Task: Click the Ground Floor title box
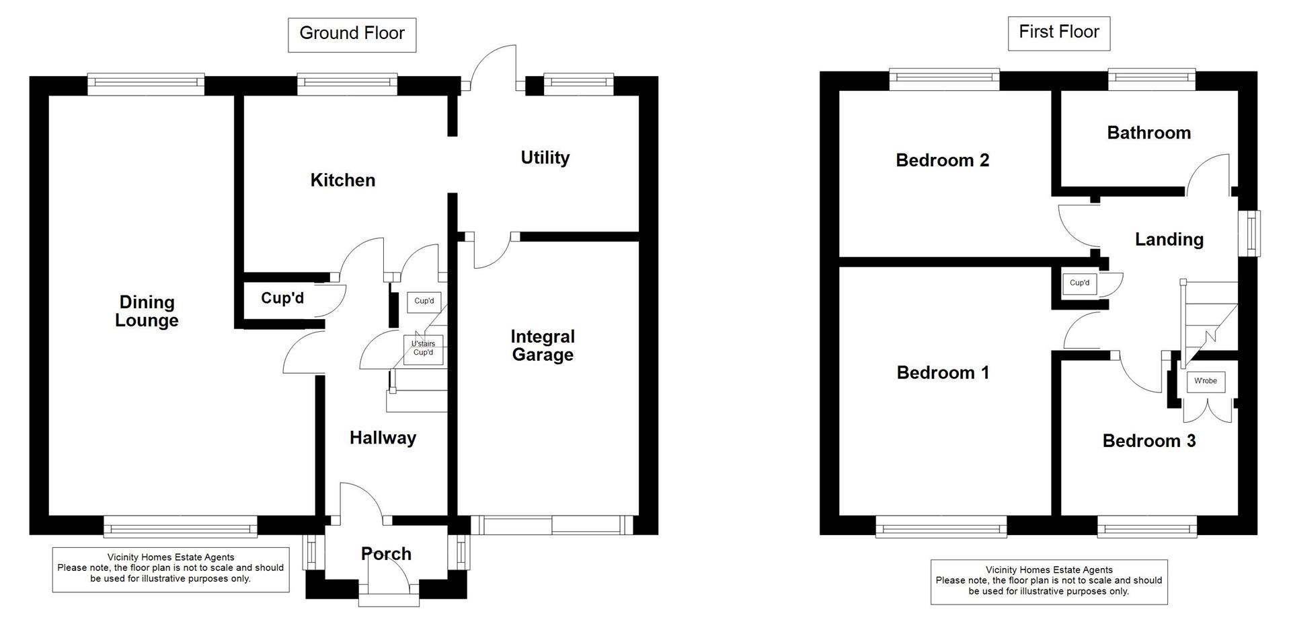click(352, 34)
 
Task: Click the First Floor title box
click(1058, 33)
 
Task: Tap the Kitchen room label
click(342, 180)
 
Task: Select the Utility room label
click(545, 158)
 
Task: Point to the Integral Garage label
click(542, 345)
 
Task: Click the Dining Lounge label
click(147, 311)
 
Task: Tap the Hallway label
click(383, 438)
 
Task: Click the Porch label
click(386, 554)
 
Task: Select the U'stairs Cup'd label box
click(424, 349)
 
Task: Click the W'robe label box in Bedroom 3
click(1205, 382)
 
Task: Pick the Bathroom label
click(1148, 133)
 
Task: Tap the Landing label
click(1169, 239)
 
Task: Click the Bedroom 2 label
click(942, 160)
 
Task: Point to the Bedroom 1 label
click(943, 372)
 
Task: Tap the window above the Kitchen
click(347, 82)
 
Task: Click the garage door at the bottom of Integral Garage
click(551, 525)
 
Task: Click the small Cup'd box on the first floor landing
click(1079, 283)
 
